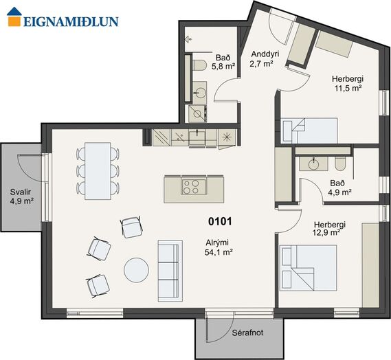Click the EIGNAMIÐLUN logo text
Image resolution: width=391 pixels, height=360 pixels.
point(71,22)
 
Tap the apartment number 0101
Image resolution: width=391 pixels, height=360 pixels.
point(220,221)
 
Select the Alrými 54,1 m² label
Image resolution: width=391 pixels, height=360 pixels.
point(219,247)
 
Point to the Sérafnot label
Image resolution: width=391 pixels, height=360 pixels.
point(247,333)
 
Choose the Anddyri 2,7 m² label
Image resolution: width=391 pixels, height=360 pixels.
point(264,59)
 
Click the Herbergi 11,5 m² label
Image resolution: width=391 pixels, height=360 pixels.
point(348,83)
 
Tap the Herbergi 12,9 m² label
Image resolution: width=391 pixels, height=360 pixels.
point(330,228)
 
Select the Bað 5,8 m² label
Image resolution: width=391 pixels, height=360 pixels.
point(223,63)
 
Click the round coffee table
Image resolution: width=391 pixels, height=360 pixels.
point(136,270)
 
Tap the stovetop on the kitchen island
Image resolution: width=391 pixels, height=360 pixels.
point(194,186)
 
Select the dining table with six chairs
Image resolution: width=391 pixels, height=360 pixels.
point(98,171)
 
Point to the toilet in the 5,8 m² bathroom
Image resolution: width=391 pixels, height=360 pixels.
point(199,65)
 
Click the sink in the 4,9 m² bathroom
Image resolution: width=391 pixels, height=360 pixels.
point(314,164)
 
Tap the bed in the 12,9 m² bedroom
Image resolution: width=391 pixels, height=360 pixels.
point(309,268)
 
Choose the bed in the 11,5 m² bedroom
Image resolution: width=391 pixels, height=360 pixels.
point(309,131)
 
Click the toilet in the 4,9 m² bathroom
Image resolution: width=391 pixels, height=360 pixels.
point(340,164)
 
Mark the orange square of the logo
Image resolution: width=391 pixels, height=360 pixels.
point(14,21)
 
